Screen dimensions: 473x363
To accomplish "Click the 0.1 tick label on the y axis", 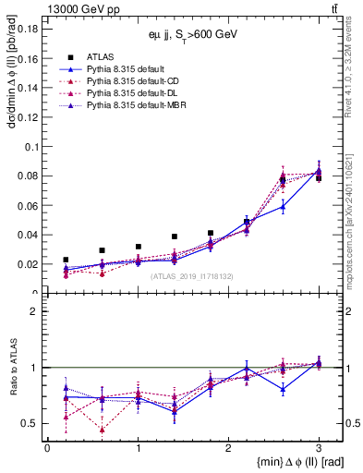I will click(x=31, y=146).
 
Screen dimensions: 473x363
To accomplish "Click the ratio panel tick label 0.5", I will click(x=30, y=424).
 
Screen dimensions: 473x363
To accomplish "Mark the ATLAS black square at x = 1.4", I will click(x=174, y=237).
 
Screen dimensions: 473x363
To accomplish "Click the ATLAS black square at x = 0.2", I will click(x=66, y=261).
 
